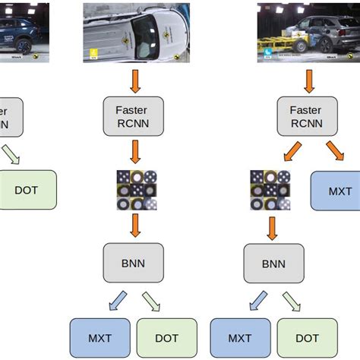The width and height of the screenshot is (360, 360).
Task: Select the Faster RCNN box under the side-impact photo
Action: click(x=307, y=115)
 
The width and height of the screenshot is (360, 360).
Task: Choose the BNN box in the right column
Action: click(x=273, y=263)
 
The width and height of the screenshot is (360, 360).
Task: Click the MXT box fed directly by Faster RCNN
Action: click(x=335, y=190)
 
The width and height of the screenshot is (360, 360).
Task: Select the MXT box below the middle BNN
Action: click(x=99, y=338)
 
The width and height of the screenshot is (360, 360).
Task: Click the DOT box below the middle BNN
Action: click(x=167, y=338)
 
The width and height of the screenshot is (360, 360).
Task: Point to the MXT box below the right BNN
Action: click(x=240, y=338)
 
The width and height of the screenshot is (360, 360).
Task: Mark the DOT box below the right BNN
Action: click(x=308, y=338)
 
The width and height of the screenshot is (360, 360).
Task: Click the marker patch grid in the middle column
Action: click(x=136, y=190)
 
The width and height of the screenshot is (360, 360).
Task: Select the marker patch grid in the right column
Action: click(x=270, y=190)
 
